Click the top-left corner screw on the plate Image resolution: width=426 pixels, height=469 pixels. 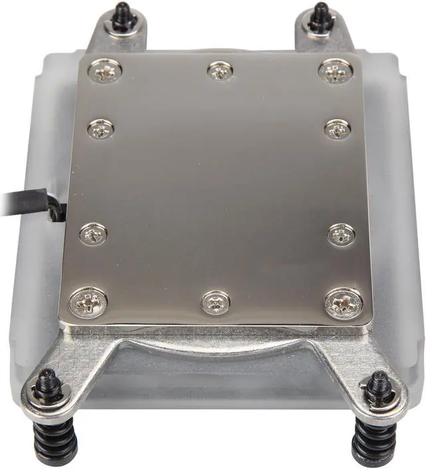click(106, 71)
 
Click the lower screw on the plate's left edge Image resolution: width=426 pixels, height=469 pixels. click(93, 233)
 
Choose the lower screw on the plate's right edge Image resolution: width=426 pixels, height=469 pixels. click(341, 234)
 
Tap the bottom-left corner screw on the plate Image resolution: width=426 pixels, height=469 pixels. click(88, 302)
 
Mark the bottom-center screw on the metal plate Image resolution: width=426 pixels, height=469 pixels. click(216, 302)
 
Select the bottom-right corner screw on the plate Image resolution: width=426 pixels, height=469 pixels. click(344, 304)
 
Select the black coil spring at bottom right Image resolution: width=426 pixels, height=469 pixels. click(376, 442)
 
